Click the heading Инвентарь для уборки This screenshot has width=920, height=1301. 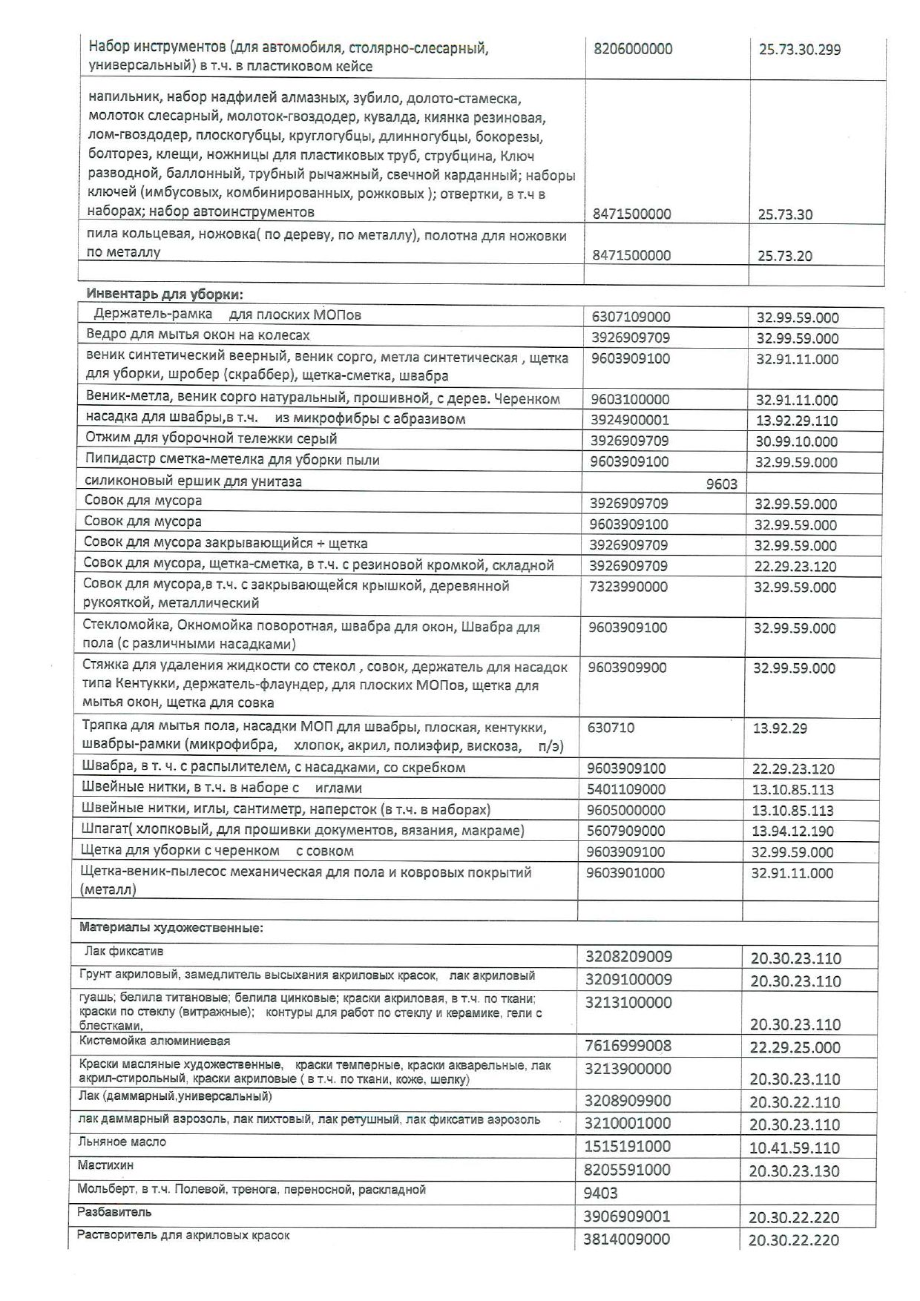click(x=159, y=293)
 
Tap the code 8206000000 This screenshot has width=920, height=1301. click(x=633, y=49)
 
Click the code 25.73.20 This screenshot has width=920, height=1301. click(x=785, y=256)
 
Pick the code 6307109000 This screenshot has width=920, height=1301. click(x=631, y=317)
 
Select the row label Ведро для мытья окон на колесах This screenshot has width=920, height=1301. click(x=197, y=334)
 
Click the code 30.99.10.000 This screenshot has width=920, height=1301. click(x=797, y=441)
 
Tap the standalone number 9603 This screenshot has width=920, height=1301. click(x=721, y=484)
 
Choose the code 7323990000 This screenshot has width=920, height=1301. click(x=628, y=587)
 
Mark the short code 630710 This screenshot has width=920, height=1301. click(x=611, y=728)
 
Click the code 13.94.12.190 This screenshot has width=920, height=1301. click(x=792, y=831)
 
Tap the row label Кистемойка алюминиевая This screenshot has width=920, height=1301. click(x=154, y=1041)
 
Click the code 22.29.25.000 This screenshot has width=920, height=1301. click(x=795, y=1047)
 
